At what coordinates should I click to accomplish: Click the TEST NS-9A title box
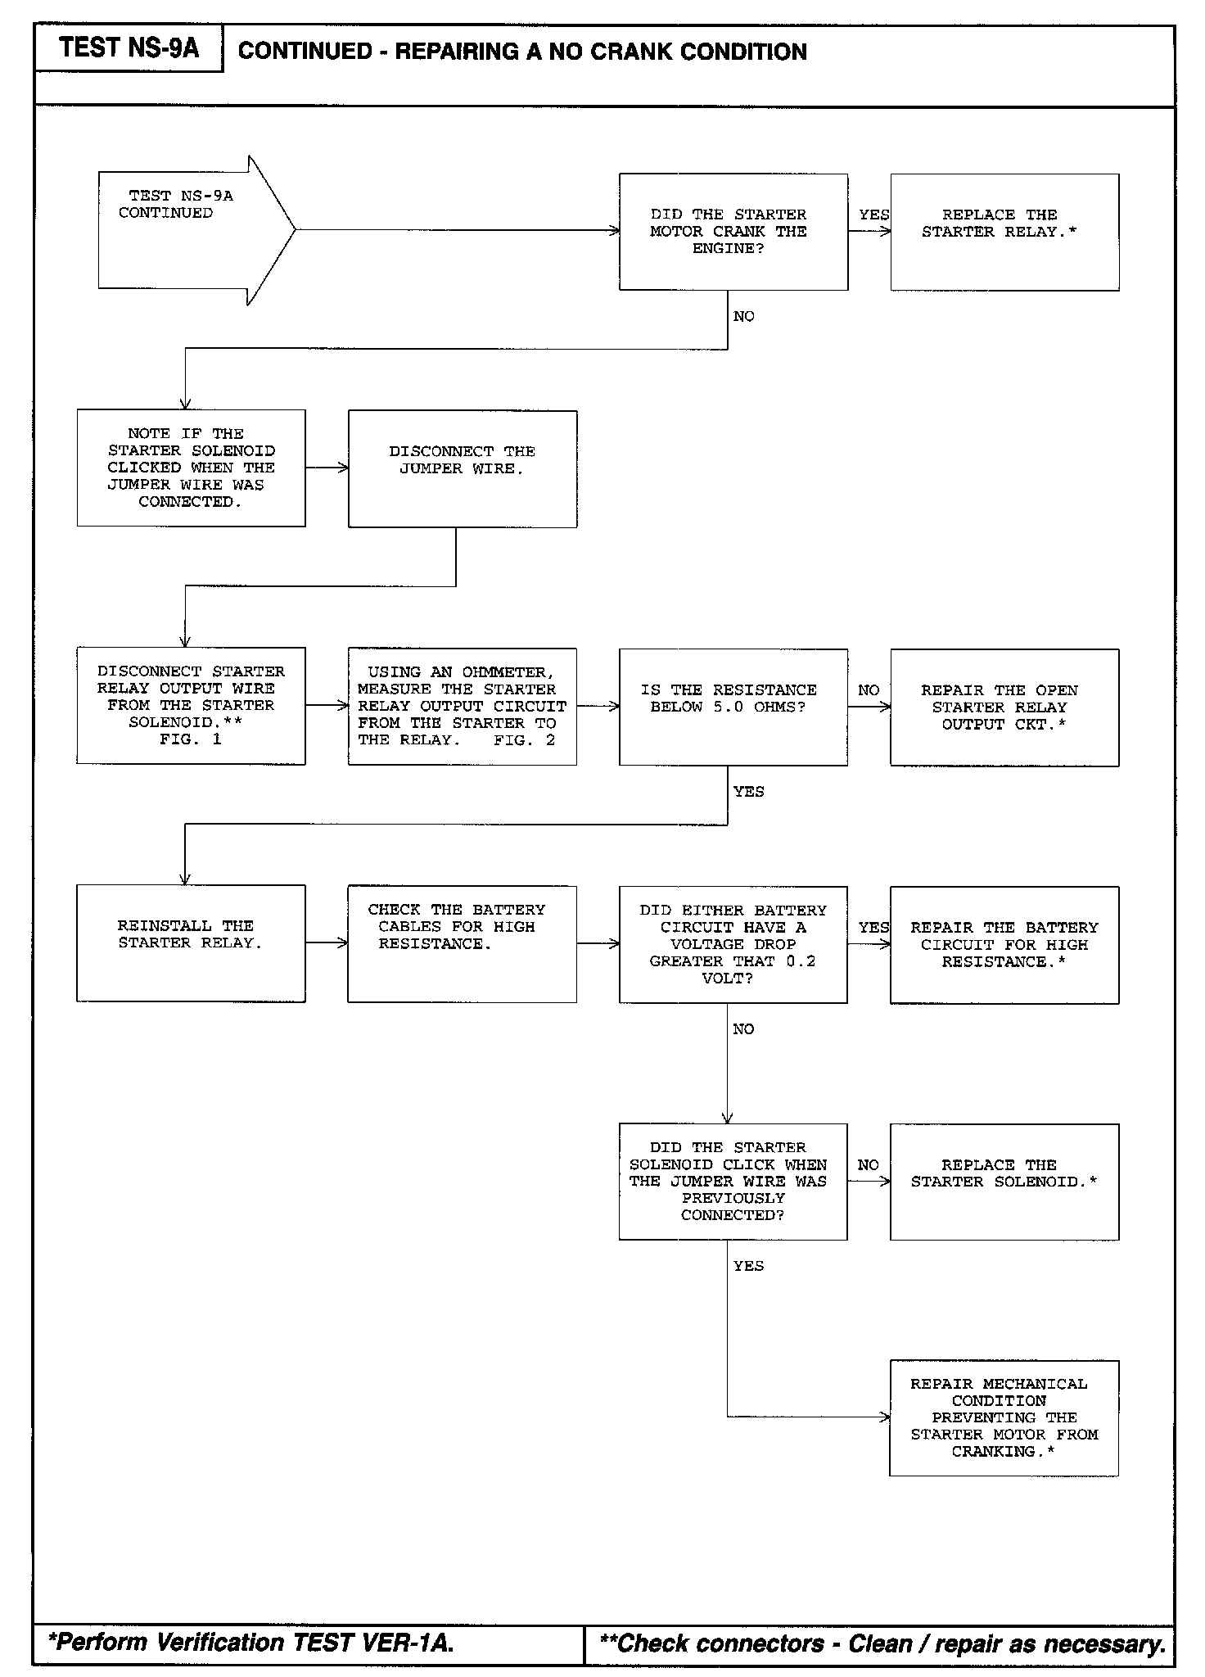[129, 48]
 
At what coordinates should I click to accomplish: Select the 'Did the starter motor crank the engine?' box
[733, 232]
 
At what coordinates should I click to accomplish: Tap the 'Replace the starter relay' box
[1004, 232]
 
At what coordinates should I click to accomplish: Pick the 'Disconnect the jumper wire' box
[463, 468]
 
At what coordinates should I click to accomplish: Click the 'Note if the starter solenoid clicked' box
[191, 468]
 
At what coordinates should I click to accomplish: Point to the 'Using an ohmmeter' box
[463, 706]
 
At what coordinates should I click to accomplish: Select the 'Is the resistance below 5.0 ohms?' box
[733, 707]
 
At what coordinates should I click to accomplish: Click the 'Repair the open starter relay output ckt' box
[1004, 707]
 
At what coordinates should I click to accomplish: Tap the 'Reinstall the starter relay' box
[191, 942]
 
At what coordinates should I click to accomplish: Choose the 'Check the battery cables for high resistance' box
[463, 943]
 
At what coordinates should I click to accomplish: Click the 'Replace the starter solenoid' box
[1004, 1181]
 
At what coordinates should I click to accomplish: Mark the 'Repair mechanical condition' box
[1004, 1417]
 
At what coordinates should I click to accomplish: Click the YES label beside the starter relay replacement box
[873, 215]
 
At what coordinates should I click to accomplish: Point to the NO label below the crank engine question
[744, 317]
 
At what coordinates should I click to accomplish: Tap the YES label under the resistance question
[748, 792]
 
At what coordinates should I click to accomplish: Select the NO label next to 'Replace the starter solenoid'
[869, 1164]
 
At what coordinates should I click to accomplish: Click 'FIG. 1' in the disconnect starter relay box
[191, 739]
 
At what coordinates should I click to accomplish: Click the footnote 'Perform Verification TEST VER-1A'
[250, 1642]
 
